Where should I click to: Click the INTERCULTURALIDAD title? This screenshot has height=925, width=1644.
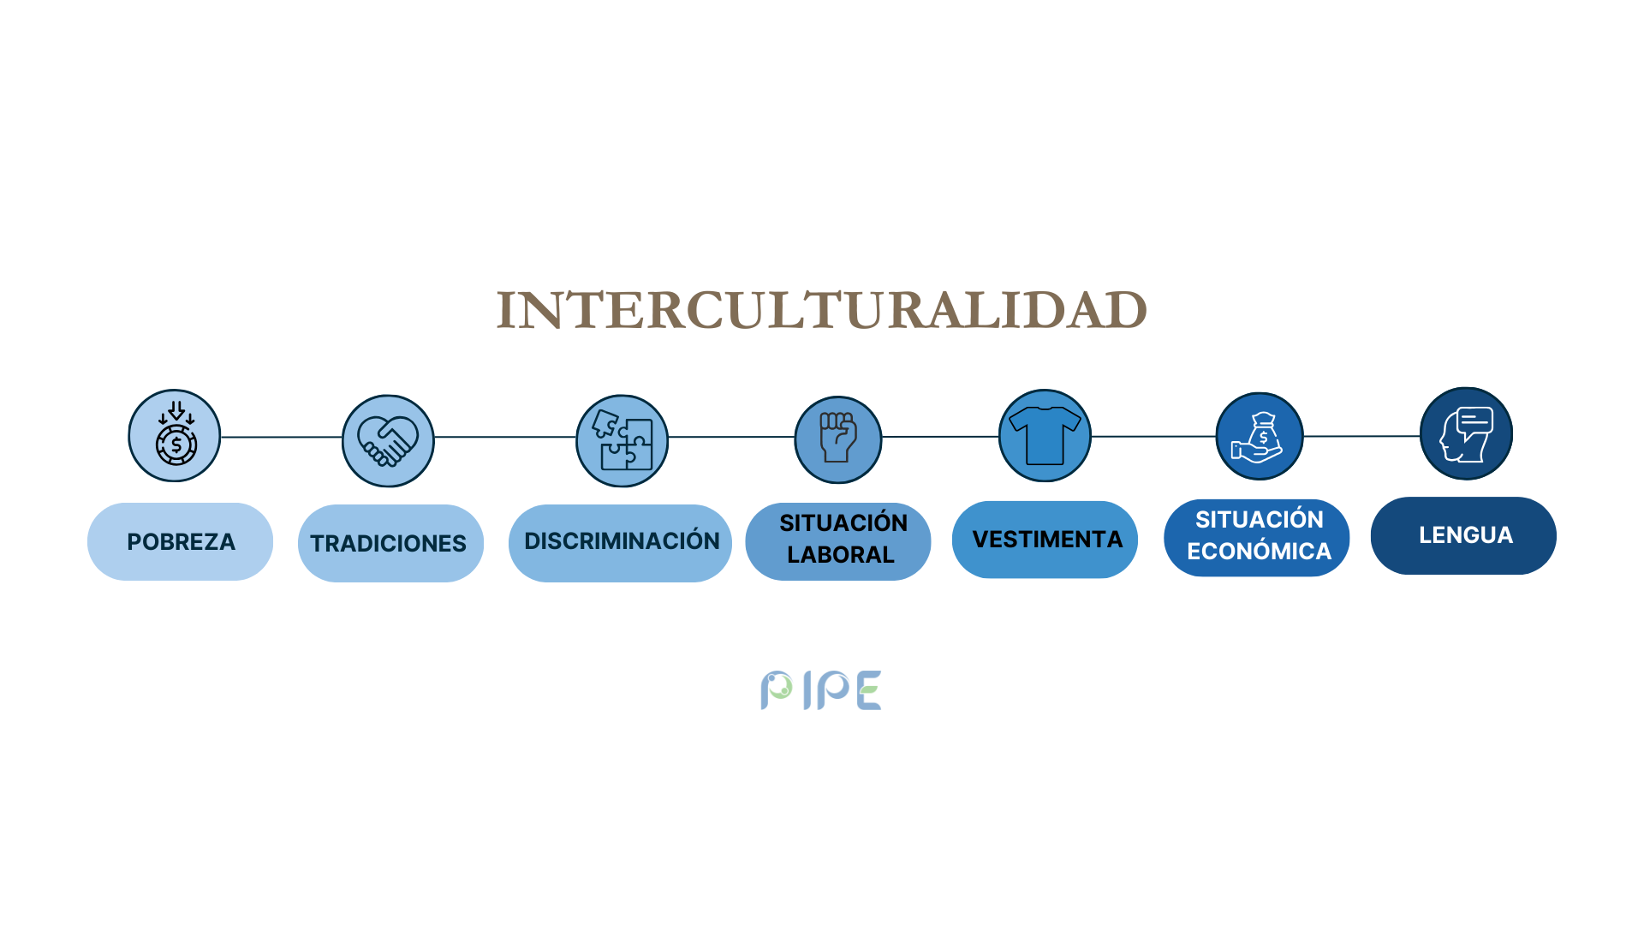coord(822,310)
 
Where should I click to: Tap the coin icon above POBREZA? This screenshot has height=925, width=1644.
coord(175,435)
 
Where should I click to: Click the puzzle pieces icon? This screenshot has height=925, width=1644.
coord(622,441)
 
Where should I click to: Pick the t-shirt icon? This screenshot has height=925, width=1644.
coord(1045,436)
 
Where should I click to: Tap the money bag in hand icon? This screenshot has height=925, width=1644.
coord(1260,436)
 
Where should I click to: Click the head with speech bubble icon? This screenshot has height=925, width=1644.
coord(1466,433)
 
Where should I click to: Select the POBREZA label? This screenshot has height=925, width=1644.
coord(181,542)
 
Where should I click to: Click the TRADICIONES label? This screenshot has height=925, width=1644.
coord(390,543)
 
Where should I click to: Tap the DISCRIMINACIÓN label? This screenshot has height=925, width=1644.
coord(620,543)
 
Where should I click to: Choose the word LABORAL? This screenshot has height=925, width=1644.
coord(841,555)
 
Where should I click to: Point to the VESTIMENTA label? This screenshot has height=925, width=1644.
coord(1045,540)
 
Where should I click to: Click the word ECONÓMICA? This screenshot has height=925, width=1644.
coord(1259,552)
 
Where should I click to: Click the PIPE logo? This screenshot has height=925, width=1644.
coord(821,690)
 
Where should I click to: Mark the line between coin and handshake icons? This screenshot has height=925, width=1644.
coord(282,437)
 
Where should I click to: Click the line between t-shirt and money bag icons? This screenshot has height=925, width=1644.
coord(1153,437)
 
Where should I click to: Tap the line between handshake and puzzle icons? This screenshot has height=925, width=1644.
coord(505,437)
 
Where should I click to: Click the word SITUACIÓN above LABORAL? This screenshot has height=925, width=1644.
coord(843,522)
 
